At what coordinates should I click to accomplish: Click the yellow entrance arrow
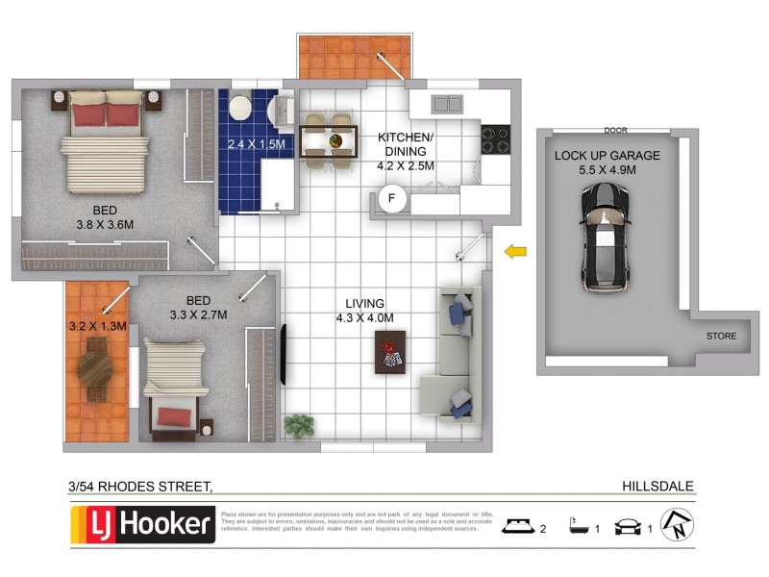coord(516,252)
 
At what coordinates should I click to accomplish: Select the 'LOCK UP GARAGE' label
coord(607,155)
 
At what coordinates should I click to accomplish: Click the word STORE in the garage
coord(721,337)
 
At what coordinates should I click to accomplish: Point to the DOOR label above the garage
coord(615,131)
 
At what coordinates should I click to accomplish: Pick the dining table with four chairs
coord(327,141)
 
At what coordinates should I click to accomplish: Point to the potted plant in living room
coord(299,425)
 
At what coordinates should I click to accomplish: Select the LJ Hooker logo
coord(143,525)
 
